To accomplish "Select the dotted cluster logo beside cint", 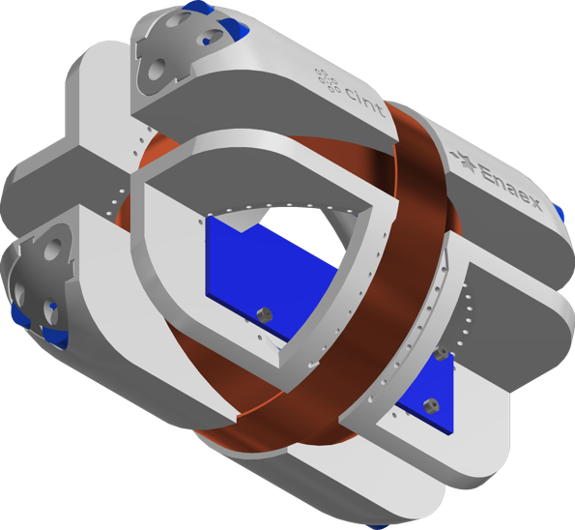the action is tap(327, 79).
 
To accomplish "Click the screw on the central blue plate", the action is tap(264, 315).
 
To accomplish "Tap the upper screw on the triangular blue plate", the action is tap(441, 353).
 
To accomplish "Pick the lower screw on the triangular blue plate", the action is tap(431, 406).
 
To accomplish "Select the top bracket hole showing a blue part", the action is tap(212, 37).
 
